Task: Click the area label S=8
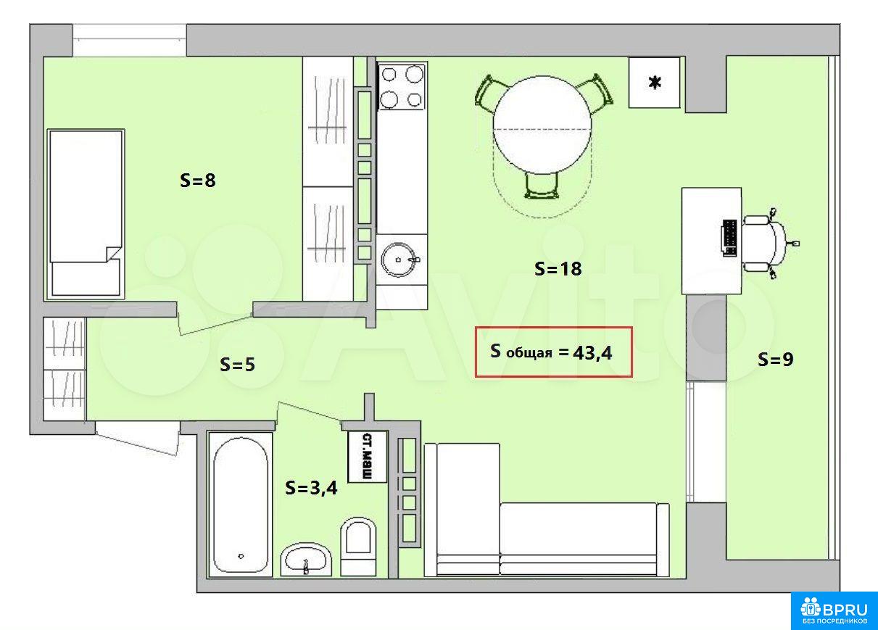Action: pyautogui.click(x=197, y=181)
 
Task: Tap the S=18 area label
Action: pyautogui.click(x=558, y=269)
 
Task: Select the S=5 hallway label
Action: pyautogui.click(x=237, y=364)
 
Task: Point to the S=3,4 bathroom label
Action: pyautogui.click(x=311, y=489)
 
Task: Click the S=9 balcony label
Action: pyautogui.click(x=775, y=359)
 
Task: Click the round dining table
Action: pyautogui.click(x=542, y=125)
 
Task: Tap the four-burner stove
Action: pyautogui.click(x=402, y=87)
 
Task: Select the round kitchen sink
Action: pyautogui.click(x=399, y=260)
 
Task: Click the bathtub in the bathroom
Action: pyautogui.click(x=240, y=505)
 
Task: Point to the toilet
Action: pyautogui.click(x=357, y=547)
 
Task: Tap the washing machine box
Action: pyautogui.click(x=368, y=457)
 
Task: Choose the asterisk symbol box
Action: pyautogui.click(x=654, y=83)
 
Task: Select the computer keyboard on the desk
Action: pyautogui.click(x=729, y=238)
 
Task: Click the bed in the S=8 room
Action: pyautogui.click(x=86, y=214)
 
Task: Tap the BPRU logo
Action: pyautogui.click(x=834, y=610)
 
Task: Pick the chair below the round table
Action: pyautogui.click(x=542, y=186)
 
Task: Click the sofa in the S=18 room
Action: pyautogui.click(x=547, y=510)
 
